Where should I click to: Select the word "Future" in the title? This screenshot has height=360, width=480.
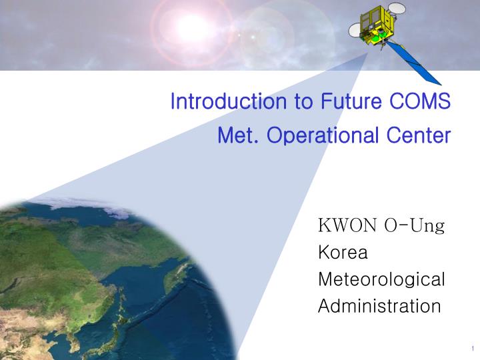344,102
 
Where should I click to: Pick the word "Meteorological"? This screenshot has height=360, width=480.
381,279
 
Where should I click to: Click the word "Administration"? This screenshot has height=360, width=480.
379,306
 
